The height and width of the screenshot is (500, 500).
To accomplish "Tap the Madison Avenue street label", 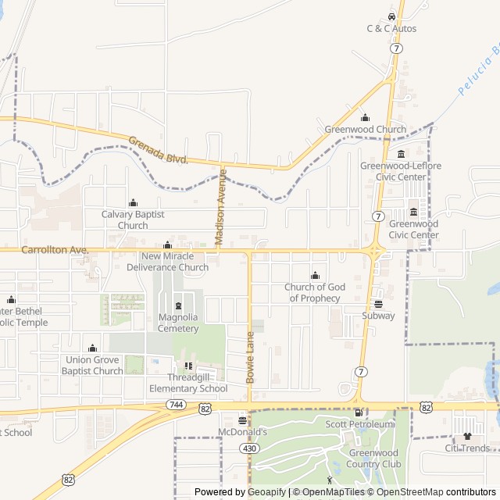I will tap(220, 209).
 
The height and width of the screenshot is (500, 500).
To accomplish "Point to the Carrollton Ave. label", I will tap(55, 250).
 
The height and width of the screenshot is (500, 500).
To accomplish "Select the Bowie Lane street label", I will tap(251, 357).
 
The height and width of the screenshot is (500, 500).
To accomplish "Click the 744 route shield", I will tap(175, 405).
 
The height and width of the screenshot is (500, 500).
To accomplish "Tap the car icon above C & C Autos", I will tap(391, 17).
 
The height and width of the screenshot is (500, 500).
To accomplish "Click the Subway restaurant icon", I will tap(378, 304).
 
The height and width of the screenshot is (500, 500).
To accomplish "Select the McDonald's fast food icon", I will tap(242, 420).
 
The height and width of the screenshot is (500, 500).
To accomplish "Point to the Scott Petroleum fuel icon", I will tap(359, 412).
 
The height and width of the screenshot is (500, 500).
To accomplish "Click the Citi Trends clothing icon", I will tap(467, 437).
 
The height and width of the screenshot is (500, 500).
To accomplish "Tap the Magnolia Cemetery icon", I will tap(178, 305).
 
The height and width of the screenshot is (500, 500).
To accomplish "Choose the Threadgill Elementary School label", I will tap(187, 383).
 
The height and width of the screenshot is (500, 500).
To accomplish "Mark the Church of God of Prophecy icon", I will tap(315, 276).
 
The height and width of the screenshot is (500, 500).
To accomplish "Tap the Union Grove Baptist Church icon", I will tap(92, 348).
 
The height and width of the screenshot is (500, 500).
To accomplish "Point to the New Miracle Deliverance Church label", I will tap(175, 262).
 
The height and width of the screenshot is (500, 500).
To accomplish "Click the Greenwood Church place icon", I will tap(365, 118).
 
